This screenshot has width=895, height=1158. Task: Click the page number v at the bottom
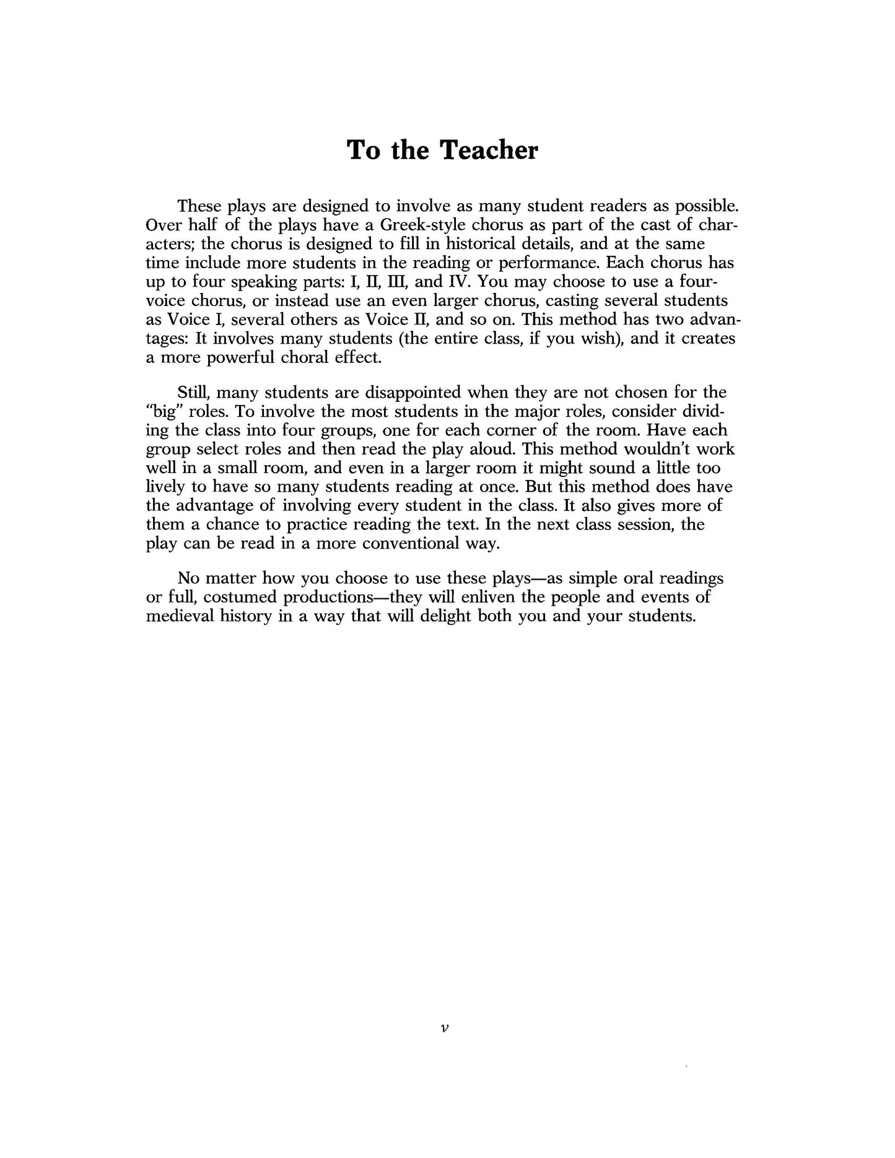coord(443,1029)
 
